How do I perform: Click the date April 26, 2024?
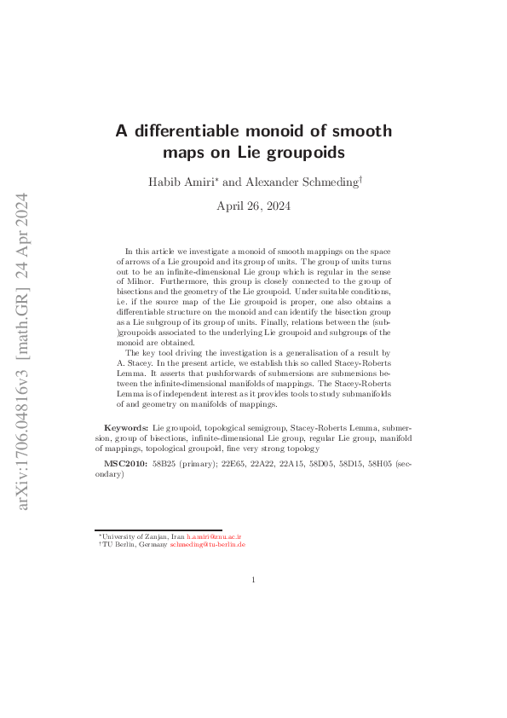tap(253, 206)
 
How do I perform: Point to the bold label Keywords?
tap(126, 426)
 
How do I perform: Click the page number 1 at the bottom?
tap(254, 580)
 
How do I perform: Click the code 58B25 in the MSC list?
tap(164, 467)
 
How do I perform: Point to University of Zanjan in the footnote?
tap(135, 536)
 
